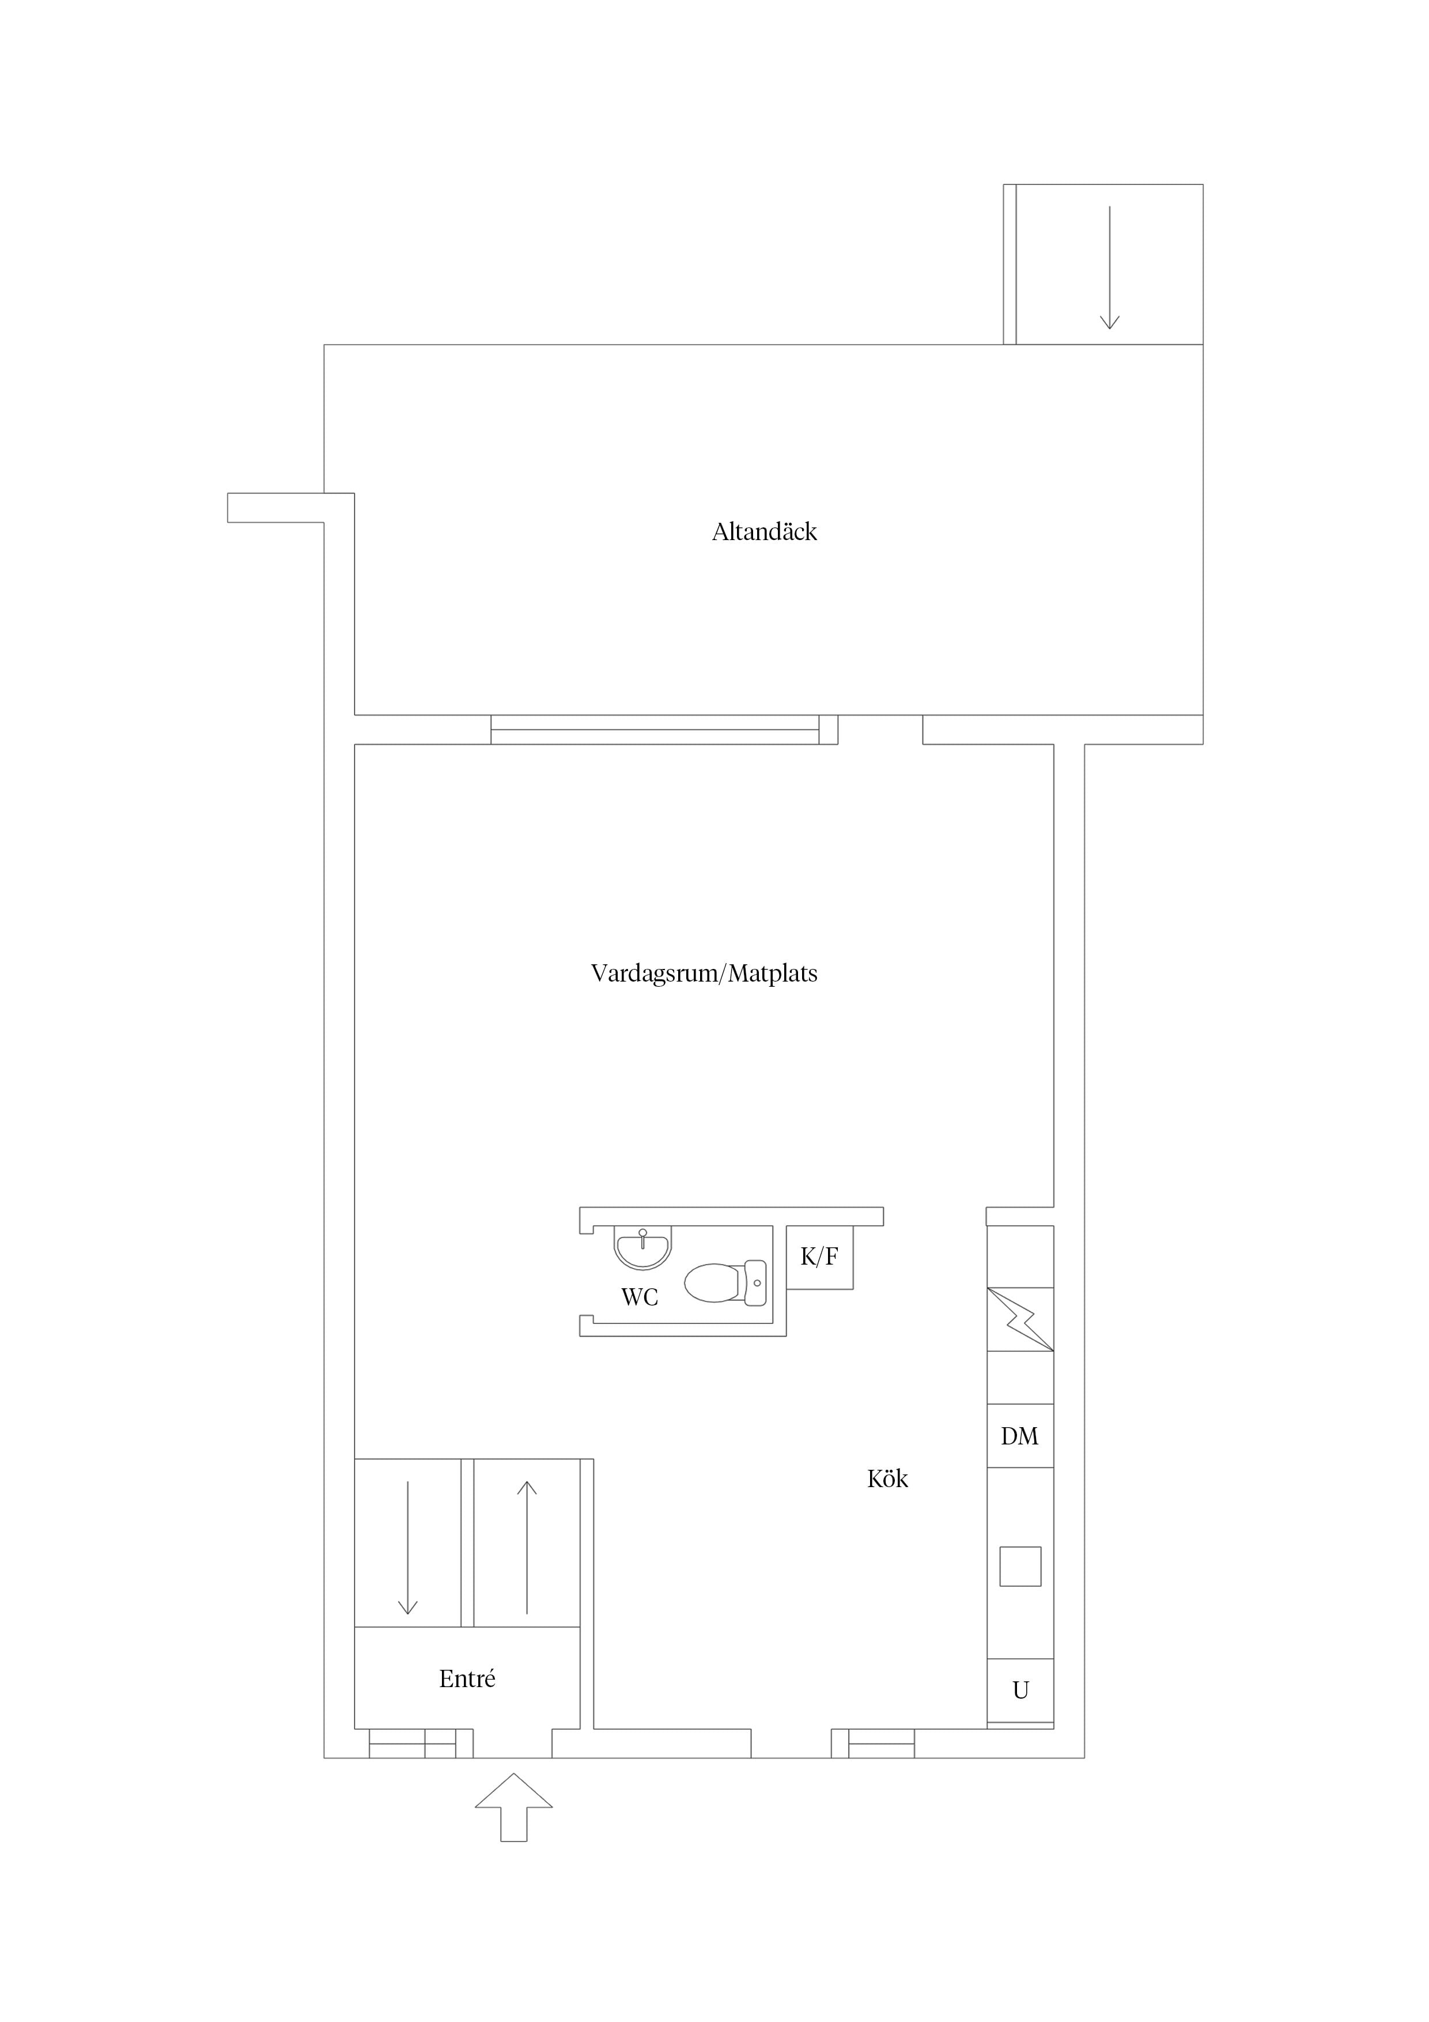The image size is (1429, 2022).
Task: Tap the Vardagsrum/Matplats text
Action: [704, 974]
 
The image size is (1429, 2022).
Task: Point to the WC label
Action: [640, 1298]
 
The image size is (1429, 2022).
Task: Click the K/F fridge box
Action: [820, 1258]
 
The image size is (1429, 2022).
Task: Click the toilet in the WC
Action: [725, 1283]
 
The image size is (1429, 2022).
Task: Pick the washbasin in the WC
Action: [642, 1249]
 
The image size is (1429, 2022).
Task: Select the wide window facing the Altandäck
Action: [655, 729]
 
